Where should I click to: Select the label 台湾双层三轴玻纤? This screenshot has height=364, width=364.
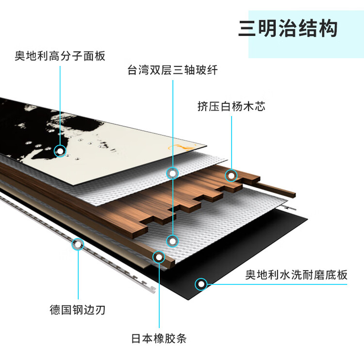tap(173, 70)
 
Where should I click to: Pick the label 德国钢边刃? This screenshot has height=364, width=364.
tap(78, 309)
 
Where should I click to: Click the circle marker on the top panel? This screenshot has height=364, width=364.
tap(60, 151)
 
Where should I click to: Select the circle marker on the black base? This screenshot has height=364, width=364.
tap(200, 284)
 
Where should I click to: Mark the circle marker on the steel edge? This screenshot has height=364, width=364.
tap(78, 244)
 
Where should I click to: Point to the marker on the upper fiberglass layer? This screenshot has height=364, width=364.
tap(173, 172)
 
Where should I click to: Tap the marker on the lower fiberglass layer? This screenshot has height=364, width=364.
tap(173, 240)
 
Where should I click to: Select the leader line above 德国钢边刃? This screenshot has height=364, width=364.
tap(78, 277)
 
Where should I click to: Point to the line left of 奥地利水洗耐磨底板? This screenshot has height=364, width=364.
tap(277, 284)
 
